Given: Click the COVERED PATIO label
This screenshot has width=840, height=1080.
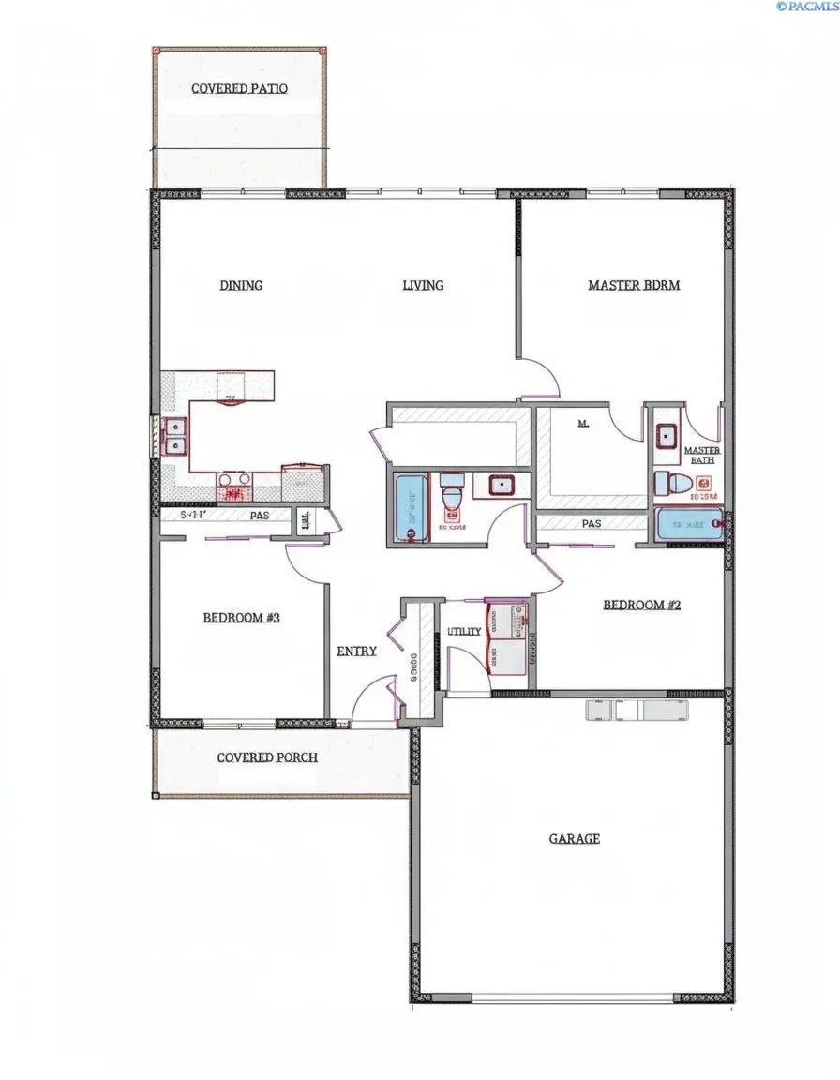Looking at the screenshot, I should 239,89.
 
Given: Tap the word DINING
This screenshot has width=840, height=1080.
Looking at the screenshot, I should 241,285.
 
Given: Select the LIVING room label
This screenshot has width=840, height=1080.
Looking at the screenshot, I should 423,285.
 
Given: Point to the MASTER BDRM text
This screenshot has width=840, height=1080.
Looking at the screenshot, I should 634,285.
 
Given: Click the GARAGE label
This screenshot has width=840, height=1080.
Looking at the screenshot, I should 574,839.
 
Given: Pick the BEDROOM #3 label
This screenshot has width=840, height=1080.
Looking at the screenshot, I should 242,618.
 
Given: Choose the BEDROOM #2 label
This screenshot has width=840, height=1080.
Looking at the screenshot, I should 641,606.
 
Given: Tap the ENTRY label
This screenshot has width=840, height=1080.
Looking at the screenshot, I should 356,652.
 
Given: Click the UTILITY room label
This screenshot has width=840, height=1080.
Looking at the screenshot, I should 464,631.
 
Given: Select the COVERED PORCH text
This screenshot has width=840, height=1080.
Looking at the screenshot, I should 267,757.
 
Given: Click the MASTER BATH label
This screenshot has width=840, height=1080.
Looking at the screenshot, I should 702,456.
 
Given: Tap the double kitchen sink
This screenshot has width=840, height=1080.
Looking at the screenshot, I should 174,436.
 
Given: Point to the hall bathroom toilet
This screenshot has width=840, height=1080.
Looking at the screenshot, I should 451,492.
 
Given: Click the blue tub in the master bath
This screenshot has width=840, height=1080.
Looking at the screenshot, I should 689,524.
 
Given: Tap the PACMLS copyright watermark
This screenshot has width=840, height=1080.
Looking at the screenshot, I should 806,7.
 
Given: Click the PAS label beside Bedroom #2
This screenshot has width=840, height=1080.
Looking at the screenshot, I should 592,524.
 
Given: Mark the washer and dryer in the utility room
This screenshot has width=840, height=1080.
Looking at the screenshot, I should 507,638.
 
